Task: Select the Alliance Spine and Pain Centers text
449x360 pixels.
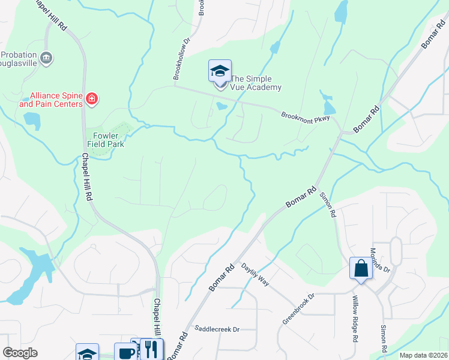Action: [x=51, y=100]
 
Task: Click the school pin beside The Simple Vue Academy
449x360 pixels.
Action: [x=220, y=72]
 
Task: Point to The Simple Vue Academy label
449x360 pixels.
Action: [x=256, y=83]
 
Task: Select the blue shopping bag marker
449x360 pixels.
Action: [x=361, y=268]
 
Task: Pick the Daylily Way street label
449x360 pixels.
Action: [x=255, y=274]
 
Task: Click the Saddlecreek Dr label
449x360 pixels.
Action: [x=217, y=329]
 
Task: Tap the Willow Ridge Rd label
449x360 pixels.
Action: [x=355, y=326]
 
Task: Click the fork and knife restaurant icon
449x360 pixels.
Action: [x=151, y=349]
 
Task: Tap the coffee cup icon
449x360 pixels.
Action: [x=126, y=352]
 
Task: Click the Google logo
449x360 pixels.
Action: [x=20, y=353]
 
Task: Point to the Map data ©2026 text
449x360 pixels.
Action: [x=423, y=355]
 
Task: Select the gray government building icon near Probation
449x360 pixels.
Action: [x=47, y=58]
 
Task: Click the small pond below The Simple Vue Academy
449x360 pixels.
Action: [x=221, y=107]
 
